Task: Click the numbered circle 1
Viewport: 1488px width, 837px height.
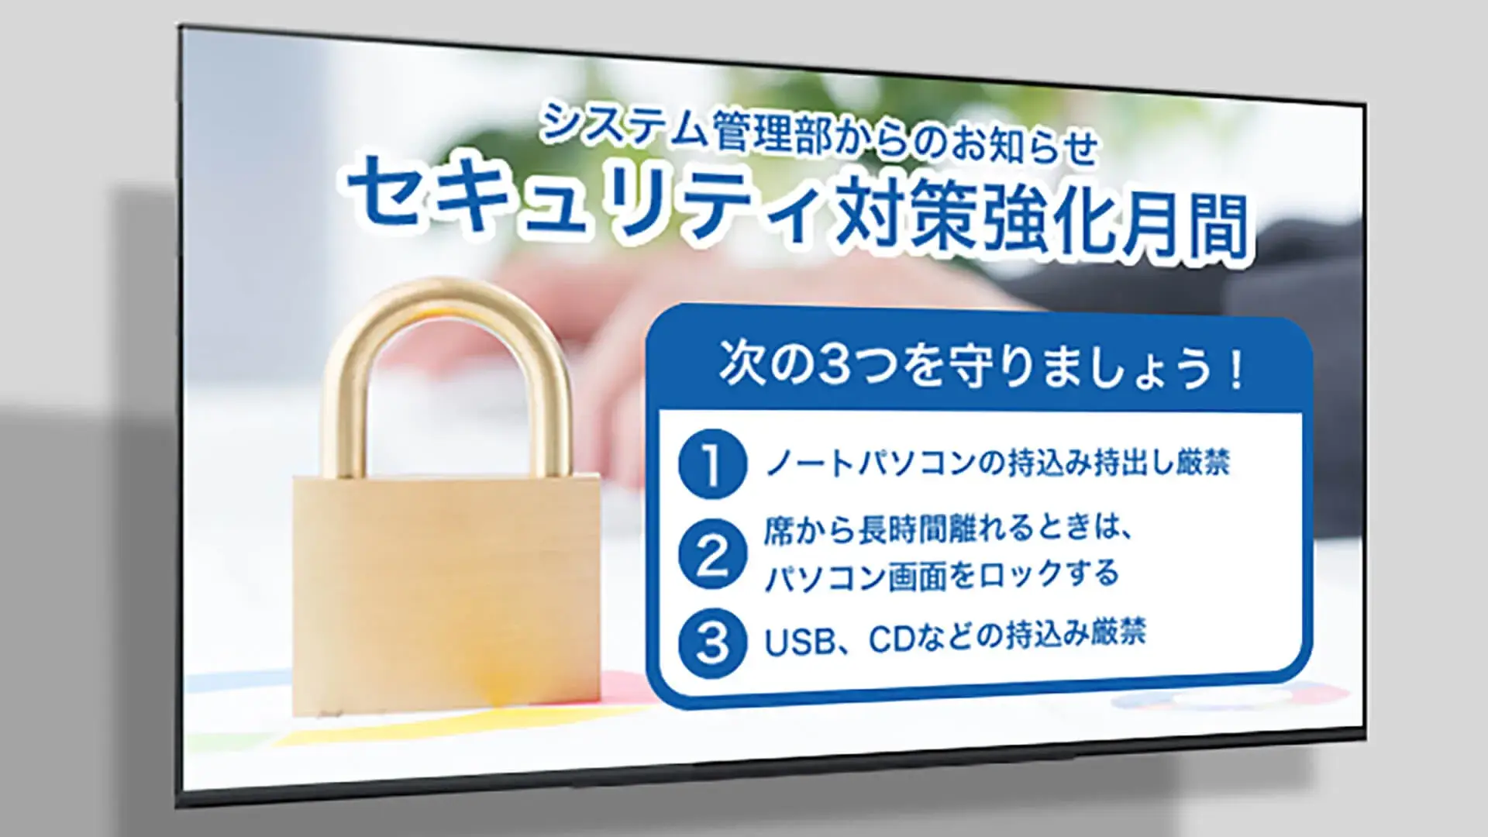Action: (x=712, y=463)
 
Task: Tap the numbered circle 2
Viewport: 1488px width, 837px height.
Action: (x=712, y=554)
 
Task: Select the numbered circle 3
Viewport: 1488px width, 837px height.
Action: (x=712, y=642)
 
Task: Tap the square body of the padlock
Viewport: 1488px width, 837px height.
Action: (x=446, y=595)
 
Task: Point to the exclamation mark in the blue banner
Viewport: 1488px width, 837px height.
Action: (x=1235, y=373)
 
